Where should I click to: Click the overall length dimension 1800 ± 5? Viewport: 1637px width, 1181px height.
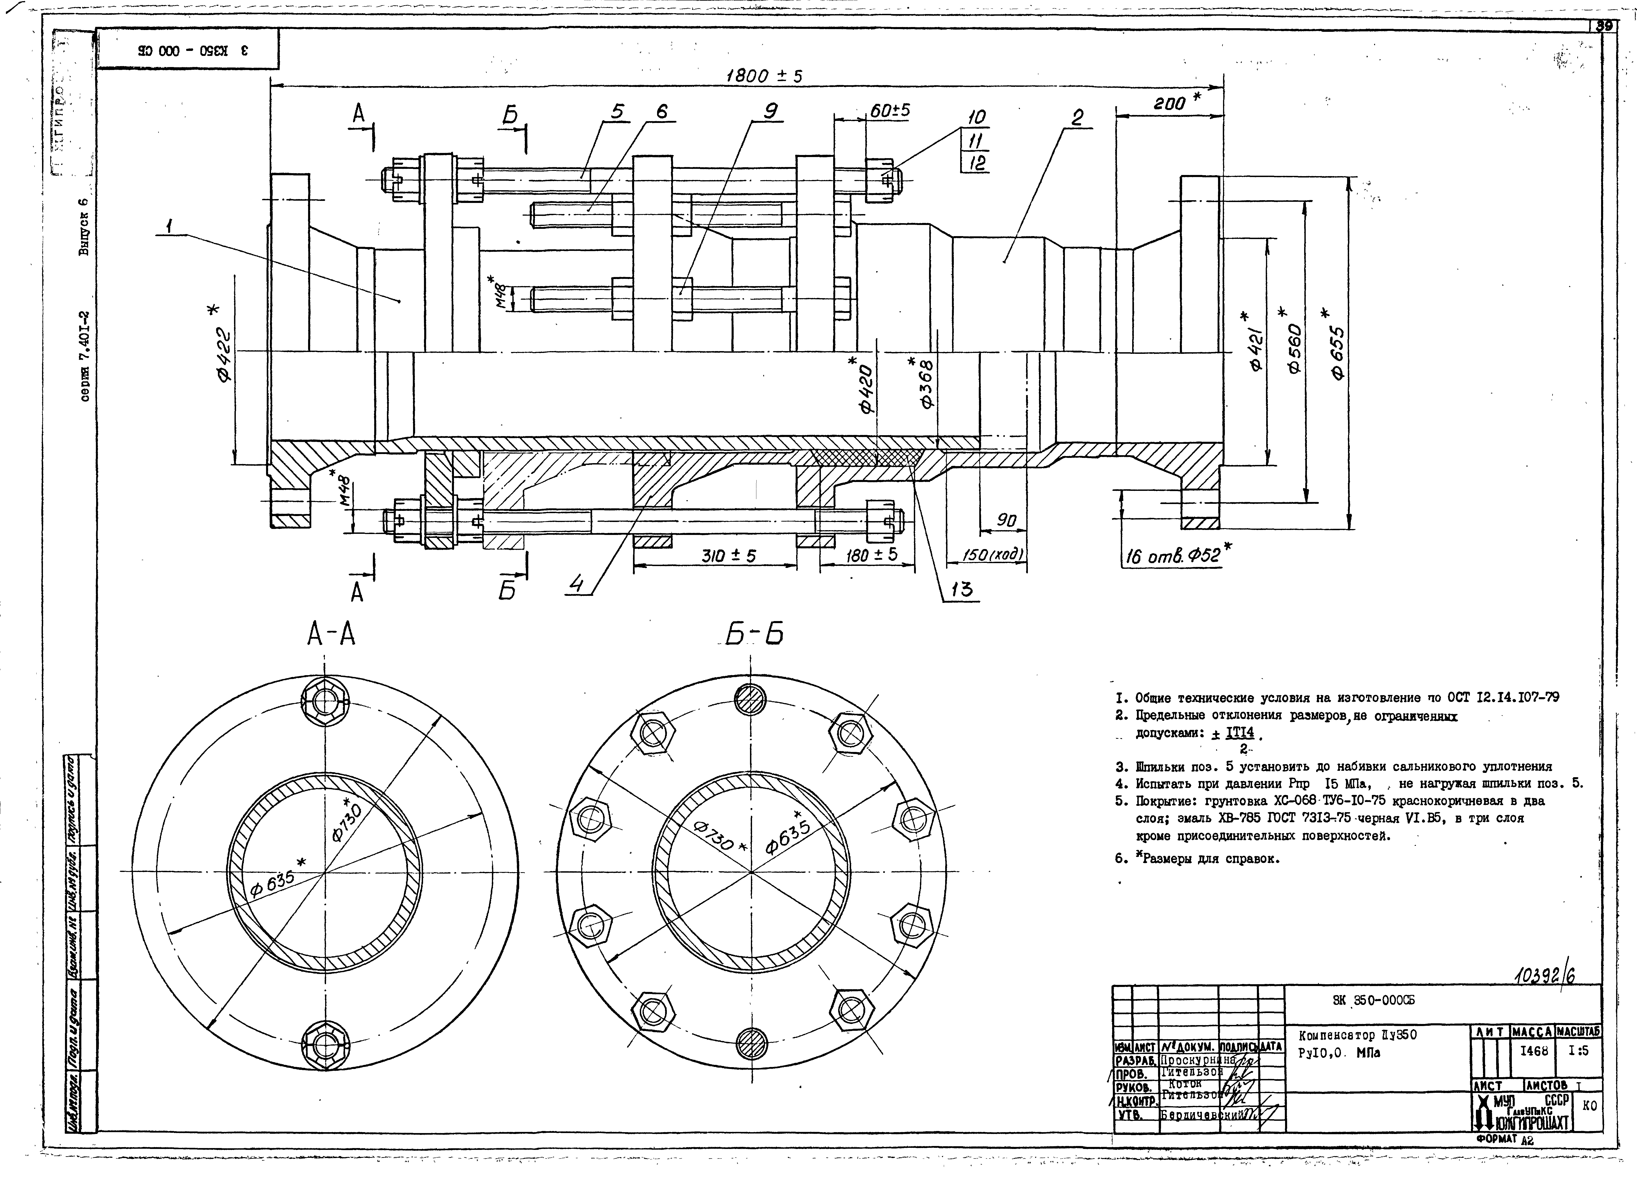point(764,75)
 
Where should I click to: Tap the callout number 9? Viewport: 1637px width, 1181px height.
point(770,111)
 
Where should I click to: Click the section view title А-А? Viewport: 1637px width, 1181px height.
point(331,634)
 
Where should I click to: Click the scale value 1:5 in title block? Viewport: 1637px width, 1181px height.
point(1579,1051)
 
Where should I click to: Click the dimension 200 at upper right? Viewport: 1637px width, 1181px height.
point(1169,103)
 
